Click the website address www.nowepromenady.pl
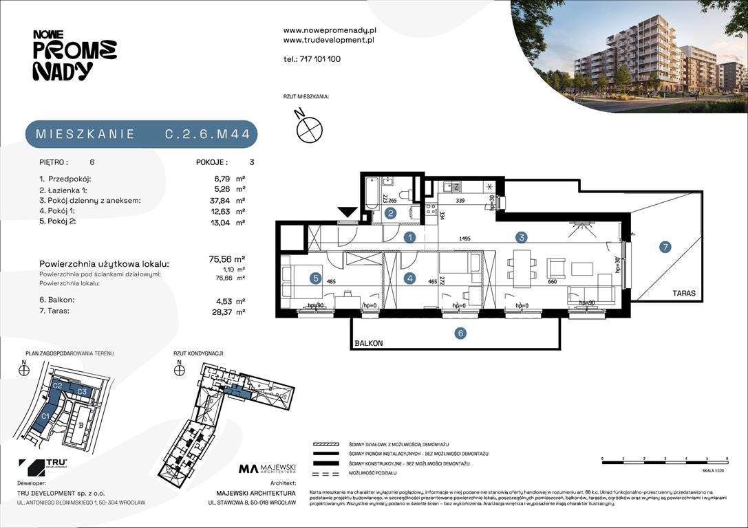click(329, 31)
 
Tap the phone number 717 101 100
click(320, 59)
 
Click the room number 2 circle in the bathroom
click(390, 214)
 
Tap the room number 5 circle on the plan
click(315, 278)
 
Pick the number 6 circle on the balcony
click(460, 333)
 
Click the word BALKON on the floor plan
click(370, 342)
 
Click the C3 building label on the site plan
click(81, 391)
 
